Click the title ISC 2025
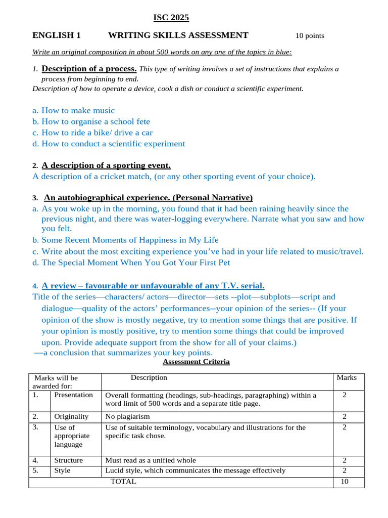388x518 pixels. pos(171,18)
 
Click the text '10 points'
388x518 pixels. pos(310,35)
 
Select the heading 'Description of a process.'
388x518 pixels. pos(89,69)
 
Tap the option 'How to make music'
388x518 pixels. pos(78,110)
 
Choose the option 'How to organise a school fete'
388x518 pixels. pos(95,121)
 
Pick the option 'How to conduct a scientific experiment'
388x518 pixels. pos(113,144)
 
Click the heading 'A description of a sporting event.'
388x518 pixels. pos(106,165)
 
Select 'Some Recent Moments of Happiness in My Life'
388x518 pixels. pos(130,240)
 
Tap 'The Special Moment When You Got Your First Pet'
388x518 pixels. pos(135,262)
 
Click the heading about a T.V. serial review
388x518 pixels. pos(153,285)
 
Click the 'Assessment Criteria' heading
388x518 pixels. pos(196,362)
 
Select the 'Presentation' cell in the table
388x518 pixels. pos(74,395)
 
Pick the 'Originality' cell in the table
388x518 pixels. pos(71,417)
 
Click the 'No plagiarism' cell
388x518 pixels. pos(127,417)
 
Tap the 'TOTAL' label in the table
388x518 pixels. pos(123,482)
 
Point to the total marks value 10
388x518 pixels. pos(345,482)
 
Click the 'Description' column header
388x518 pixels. pos(149,377)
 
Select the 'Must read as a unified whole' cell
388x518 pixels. pos(150,460)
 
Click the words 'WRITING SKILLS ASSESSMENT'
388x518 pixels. pos(178,35)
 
